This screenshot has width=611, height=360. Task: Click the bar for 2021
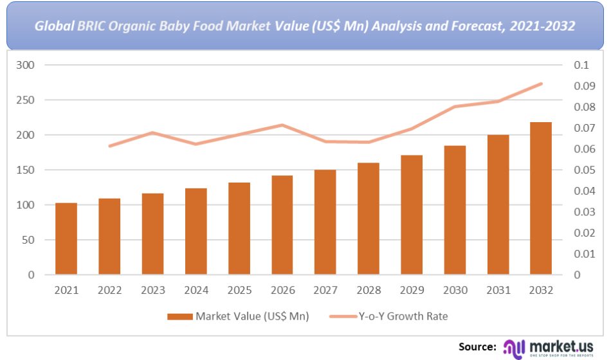[x=66, y=239]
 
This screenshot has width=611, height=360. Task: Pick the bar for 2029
[x=412, y=215]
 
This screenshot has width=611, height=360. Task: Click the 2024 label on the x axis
[x=196, y=291]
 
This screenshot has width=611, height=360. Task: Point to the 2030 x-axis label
[x=455, y=291]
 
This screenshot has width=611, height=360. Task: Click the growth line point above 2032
[x=541, y=84]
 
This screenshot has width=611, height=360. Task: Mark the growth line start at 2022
[x=109, y=146]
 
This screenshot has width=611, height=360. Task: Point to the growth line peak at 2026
[x=282, y=125]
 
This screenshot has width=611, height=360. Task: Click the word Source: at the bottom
[x=477, y=346]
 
